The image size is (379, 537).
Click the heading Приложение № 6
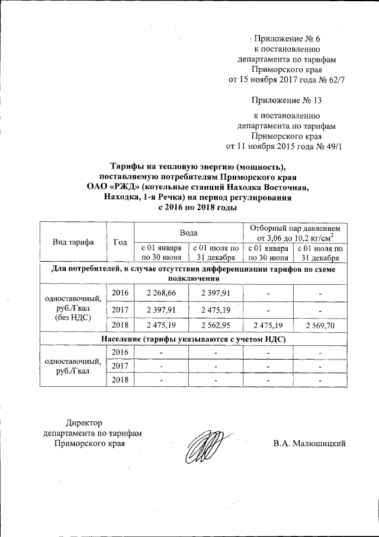[287, 39]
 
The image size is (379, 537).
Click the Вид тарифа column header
[73, 242]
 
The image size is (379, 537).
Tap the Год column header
[121, 242]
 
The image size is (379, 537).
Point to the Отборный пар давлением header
[294, 228]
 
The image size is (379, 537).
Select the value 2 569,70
[320, 326]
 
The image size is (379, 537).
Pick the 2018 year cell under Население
[121, 380]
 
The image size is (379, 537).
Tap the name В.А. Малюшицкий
[309, 443]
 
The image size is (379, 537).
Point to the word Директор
[84, 423]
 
